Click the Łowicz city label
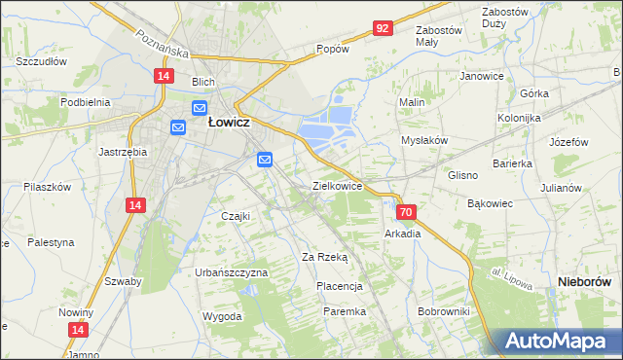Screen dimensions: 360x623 click(231, 124)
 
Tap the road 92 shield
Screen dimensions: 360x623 click(382, 28)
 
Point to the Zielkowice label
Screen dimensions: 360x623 click(337, 185)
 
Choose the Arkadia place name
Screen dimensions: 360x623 click(403, 234)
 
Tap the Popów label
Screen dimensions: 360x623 click(332, 49)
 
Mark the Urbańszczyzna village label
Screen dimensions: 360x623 click(231, 272)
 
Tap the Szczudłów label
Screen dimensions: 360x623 click(41, 60)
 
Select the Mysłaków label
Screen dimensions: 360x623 click(424, 140)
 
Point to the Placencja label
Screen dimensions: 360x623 click(340, 286)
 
